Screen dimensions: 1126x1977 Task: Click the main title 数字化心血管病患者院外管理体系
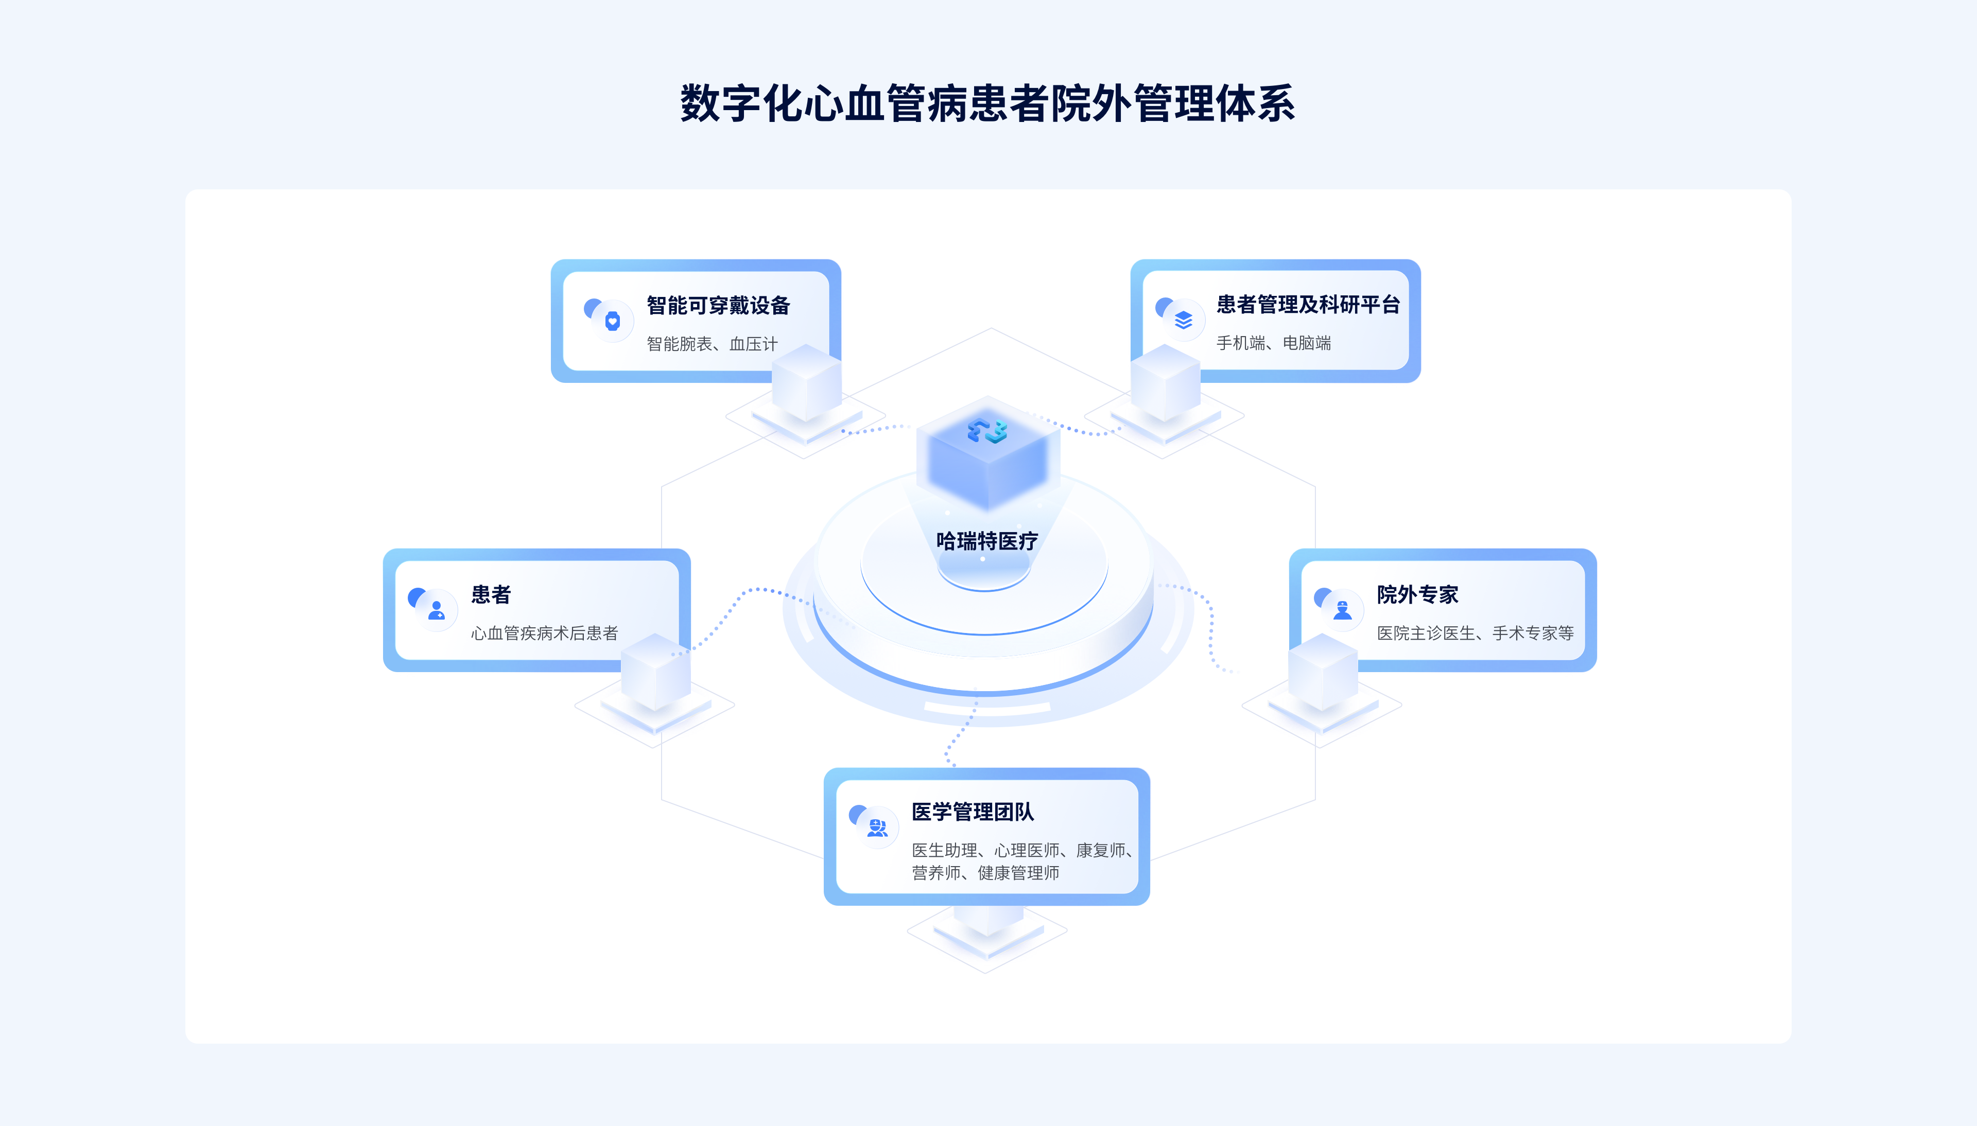tap(987, 103)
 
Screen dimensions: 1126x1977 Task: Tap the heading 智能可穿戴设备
tap(718, 306)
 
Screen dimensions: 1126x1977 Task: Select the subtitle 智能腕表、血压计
tap(712, 343)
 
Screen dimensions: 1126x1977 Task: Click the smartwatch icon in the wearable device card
tap(612, 320)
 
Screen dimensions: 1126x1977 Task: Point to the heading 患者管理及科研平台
tap(1308, 305)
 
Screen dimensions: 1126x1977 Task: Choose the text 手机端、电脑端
tap(1273, 343)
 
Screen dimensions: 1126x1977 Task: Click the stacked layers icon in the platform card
tap(1183, 320)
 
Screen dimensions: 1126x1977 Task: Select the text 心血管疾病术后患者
tap(545, 632)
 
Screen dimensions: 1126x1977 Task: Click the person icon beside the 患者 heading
tap(436, 610)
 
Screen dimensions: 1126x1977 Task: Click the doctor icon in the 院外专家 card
tap(1342, 610)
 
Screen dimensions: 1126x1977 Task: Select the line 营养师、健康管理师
tap(985, 872)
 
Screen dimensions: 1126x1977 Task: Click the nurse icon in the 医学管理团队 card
tap(877, 828)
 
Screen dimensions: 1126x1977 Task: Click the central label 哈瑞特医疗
tap(987, 540)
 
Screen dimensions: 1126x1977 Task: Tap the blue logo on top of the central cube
tap(987, 431)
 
